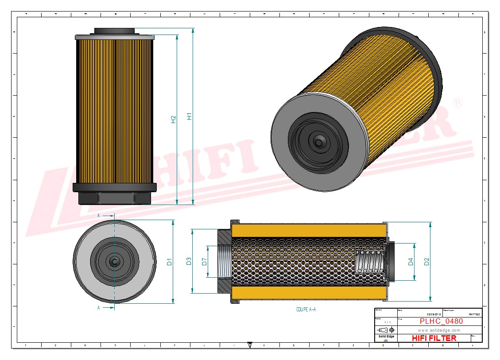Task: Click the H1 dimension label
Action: tap(189, 116)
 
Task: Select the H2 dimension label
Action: tap(173, 119)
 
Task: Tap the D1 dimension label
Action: tap(169, 262)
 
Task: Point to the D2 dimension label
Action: tap(426, 262)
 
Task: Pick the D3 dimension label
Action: tap(189, 261)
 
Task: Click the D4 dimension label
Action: tap(411, 262)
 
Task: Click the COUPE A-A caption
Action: tap(306, 310)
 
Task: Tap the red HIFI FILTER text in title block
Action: tap(434, 338)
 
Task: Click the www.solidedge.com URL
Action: tap(439, 330)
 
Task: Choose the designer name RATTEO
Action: tap(473, 314)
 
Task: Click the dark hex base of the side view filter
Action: tap(114, 197)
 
